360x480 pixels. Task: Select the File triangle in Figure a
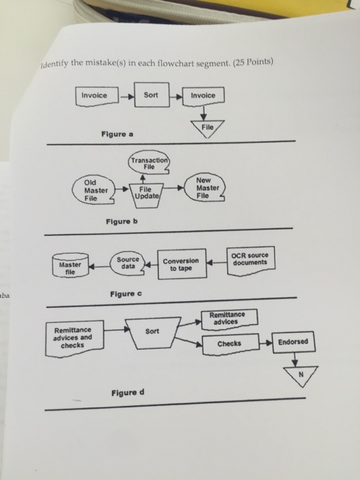tap(208, 128)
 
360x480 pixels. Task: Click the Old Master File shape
tap(94, 190)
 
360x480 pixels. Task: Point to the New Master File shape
tap(207, 187)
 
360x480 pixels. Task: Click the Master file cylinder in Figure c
tap(70, 265)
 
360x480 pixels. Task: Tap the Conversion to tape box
tap(181, 265)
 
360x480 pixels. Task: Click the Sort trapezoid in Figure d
tap(153, 333)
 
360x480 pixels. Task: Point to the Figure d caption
tap(128, 392)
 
